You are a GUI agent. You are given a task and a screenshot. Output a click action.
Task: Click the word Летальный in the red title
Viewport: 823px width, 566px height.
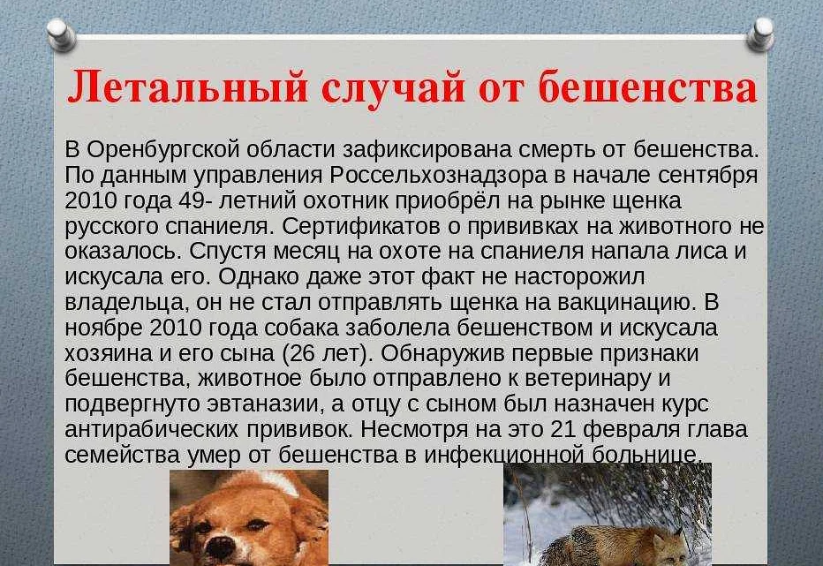coord(187,87)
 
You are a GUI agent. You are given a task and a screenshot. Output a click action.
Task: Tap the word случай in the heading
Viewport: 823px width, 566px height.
coord(393,89)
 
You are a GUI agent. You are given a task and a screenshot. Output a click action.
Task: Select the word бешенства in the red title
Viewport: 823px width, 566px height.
coord(647,87)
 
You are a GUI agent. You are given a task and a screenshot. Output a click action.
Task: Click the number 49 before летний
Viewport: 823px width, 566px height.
coord(193,200)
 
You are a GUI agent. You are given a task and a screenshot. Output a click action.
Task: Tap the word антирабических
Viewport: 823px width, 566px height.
coord(151,430)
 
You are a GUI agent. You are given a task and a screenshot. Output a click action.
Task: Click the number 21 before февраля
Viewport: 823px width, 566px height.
coord(563,429)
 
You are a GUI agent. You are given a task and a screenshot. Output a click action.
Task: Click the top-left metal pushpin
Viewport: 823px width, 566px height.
coord(62,34)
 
